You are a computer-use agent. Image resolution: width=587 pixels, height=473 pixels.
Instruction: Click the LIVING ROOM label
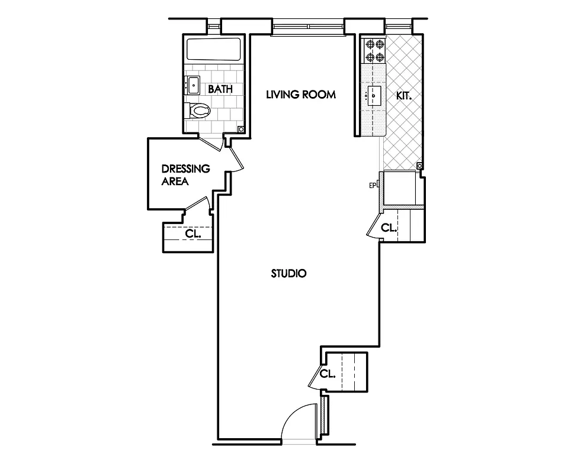pyautogui.click(x=300, y=94)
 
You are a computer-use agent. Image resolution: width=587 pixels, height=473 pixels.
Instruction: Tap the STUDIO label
pyautogui.click(x=288, y=274)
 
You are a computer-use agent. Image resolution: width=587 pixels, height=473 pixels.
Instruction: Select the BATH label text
pyautogui.click(x=220, y=89)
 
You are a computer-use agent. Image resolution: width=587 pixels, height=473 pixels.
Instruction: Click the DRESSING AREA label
pyautogui.click(x=185, y=175)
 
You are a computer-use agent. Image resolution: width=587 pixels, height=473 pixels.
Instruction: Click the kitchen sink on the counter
pyautogui.click(x=373, y=95)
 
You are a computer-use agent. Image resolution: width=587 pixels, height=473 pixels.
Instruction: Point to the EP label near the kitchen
pyautogui.click(x=373, y=186)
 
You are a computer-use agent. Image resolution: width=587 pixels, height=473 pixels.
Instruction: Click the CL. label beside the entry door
pyautogui.click(x=328, y=374)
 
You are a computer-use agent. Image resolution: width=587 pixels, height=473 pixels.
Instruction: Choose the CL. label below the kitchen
pyautogui.click(x=389, y=228)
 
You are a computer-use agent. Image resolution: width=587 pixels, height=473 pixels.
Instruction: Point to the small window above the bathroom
pyautogui.click(x=214, y=26)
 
